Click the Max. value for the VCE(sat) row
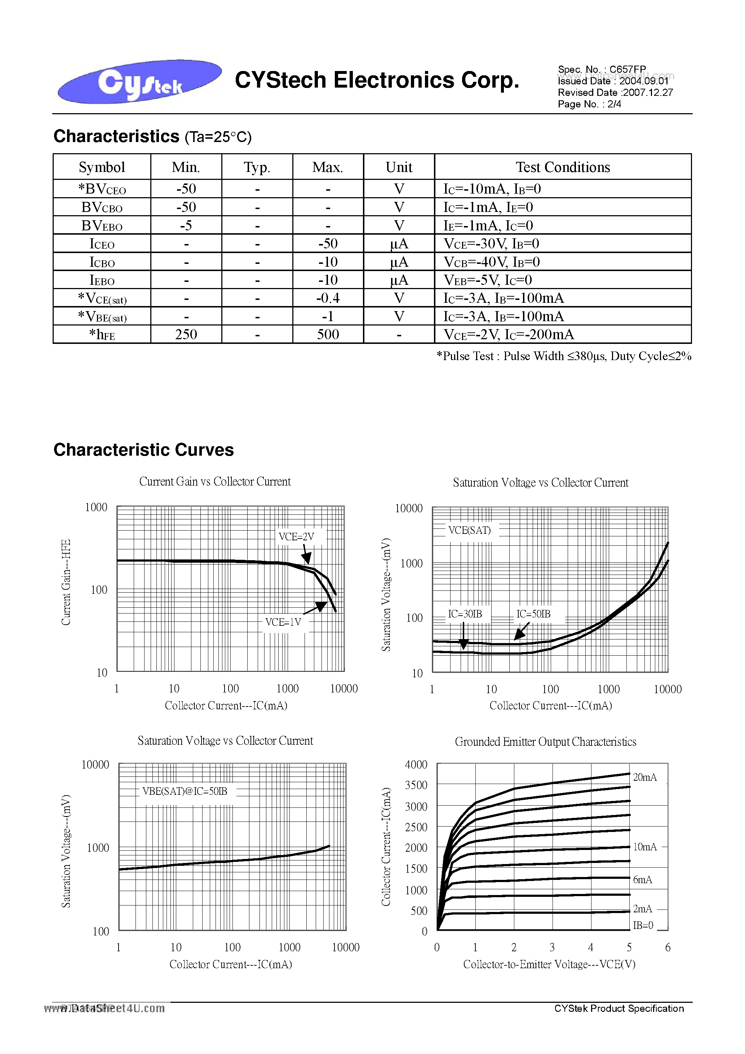pyautogui.click(x=328, y=298)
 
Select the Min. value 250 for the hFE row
pyautogui.click(x=186, y=335)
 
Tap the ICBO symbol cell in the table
pyautogui.click(x=102, y=262)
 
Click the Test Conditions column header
pyautogui.click(x=562, y=167)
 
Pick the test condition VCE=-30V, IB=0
pyautogui.click(x=491, y=244)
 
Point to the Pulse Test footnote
pyautogui.click(x=564, y=356)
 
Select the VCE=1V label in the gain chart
pyautogui.click(x=283, y=622)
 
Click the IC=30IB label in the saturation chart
pyautogui.click(x=465, y=614)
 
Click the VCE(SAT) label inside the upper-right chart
pyautogui.click(x=469, y=530)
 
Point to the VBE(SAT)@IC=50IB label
pyautogui.click(x=185, y=791)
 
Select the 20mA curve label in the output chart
pyautogui.click(x=644, y=777)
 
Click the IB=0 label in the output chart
pyautogui.click(x=643, y=925)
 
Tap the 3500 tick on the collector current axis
pyautogui.click(x=416, y=785)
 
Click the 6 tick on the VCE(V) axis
pyautogui.click(x=668, y=947)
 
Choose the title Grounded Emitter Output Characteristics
pyautogui.click(x=545, y=742)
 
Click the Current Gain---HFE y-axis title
pyautogui.click(x=66, y=582)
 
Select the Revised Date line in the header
pyautogui.click(x=615, y=93)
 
